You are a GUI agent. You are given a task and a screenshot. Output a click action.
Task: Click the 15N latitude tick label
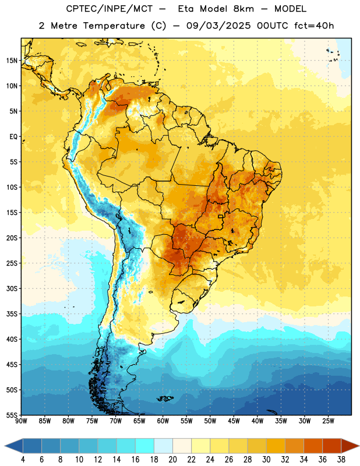tap(12, 61)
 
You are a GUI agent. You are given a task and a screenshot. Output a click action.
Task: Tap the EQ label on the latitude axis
tap(13, 137)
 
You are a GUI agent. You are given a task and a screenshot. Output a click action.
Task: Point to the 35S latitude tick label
tap(12, 314)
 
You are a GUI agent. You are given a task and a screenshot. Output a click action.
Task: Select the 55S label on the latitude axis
tap(12, 415)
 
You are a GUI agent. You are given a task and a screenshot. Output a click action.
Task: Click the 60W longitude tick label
tap(163, 421)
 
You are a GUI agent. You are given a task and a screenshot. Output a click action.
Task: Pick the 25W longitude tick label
tap(328, 421)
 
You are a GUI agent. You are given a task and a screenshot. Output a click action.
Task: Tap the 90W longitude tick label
tap(21, 421)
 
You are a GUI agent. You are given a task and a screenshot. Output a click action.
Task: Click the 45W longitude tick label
tap(234, 421)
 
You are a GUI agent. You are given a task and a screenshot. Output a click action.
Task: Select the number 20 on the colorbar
tap(172, 460)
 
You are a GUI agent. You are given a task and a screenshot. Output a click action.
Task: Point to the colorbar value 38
tap(341, 460)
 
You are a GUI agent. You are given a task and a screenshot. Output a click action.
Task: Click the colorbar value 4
tap(23, 460)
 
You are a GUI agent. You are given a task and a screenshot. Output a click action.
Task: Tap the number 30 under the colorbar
tap(266, 460)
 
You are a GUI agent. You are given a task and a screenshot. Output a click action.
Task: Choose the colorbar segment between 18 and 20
tap(163, 445)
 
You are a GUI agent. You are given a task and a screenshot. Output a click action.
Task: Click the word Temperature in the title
tap(114, 26)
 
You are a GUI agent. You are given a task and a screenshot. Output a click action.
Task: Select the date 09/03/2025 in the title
tap(218, 26)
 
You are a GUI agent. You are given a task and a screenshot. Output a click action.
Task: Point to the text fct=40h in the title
tap(314, 26)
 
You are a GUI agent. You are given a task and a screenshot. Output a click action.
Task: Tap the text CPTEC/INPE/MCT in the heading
tap(109, 9)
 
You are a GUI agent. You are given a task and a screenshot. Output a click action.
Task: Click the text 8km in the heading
tap(243, 9)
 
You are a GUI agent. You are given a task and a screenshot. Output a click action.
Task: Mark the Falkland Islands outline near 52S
tap(165, 398)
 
